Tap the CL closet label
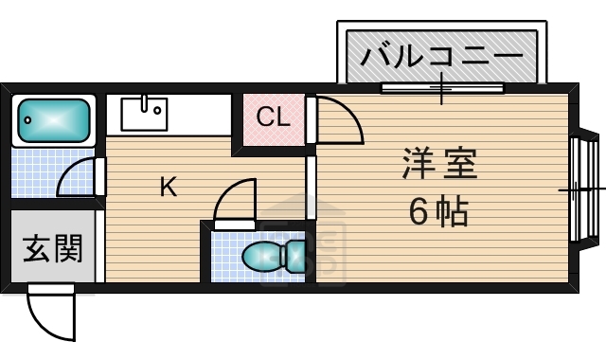pyautogui.click(x=274, y=118)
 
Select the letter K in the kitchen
pyautogui.click(x=168, y=187)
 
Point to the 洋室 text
pyautogui.click(x=438, y=164)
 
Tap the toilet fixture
pyautogui.click(x=274, y=256)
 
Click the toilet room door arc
pyautogui.click(x=235, y=201)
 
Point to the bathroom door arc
pyautogui.click(x=78, y=177)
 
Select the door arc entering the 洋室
pyautogui.click(x=339, y=120)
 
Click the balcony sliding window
pyautogui.click(x=441, y=89)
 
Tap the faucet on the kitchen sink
pyautogui.click(x=145, y=100)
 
